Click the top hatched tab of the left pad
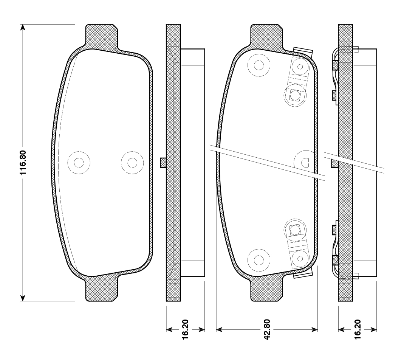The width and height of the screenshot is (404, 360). pos(101,36)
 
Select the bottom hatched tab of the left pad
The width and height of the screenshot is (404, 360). pos(101,290)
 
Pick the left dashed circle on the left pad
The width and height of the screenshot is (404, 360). pos(79,163)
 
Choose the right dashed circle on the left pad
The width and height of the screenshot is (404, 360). pos(132,163)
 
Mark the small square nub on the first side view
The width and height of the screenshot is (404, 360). pos(163,163)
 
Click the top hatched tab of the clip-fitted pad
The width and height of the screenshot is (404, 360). pos(266,36)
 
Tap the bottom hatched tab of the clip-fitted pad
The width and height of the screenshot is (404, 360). pos(266,290)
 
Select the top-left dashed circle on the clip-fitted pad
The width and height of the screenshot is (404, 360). pos(258,65)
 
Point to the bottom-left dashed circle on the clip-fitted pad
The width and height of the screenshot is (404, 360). pos(258,260)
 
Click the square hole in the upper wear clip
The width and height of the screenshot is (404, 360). pos(294,96)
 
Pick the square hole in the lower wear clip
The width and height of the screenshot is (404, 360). pos(294,229)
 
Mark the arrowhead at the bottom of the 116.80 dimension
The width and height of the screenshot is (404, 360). pos(23,298)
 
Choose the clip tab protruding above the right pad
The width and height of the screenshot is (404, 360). pos(302,51)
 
